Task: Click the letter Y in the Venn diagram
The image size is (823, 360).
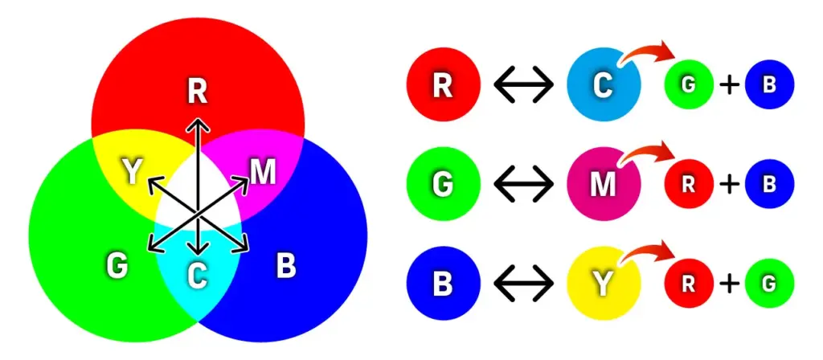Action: point(131,171)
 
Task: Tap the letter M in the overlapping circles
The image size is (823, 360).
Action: point(263,171)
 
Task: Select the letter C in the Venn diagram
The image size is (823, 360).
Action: point(197,275)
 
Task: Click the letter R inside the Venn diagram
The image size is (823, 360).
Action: point(198,92)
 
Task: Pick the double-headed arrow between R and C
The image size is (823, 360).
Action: point(523,84)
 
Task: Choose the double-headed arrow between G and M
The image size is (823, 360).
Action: point(523,185)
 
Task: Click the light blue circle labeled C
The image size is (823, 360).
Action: point(604,84)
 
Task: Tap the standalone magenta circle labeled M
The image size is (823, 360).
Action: point(604,185)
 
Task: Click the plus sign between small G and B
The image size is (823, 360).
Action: point(729,84)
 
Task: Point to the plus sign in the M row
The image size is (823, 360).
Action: point(729,185)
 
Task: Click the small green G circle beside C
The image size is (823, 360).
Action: point(689,84)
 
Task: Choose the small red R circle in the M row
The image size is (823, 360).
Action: point(689,185)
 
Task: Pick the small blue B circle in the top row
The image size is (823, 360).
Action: point(769,84)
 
